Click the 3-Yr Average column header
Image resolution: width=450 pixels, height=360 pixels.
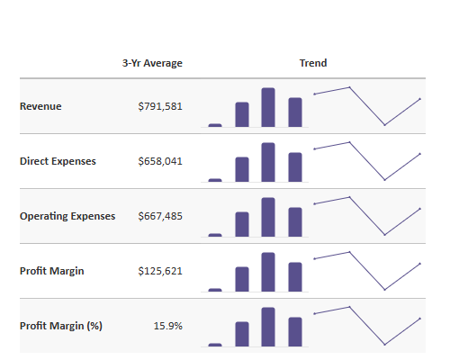tap(152, 63)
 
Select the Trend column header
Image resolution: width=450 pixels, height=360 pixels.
tap(313, 63)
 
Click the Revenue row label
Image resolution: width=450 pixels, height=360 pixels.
tap(40, 106)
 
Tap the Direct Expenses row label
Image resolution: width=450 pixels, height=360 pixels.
tap(58, 161)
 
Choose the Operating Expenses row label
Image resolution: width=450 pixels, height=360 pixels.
tap(67, 216)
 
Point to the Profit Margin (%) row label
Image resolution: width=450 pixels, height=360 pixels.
tap(61, 326)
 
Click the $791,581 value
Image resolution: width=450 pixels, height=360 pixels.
tap(160, 106)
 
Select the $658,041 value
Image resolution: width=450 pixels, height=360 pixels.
tap(160, 161)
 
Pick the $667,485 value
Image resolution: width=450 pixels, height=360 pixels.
tap(160, 216)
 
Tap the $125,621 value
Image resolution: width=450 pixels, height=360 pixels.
tap(160, 271)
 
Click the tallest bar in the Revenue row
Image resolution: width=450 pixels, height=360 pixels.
tap(268, 107)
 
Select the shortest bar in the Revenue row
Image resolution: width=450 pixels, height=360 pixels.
tap(215, 125)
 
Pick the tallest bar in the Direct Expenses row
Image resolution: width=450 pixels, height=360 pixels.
tap(268, 162)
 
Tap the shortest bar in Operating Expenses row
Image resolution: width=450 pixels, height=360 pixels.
tap(215, 235)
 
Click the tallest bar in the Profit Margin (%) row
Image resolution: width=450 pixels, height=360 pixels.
tap(268, 327)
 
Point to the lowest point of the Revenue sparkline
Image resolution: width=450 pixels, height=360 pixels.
tap(384, 125)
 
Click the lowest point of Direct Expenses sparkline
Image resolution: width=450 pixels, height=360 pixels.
tap(384, 180)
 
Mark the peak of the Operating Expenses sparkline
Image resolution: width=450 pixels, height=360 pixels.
tap(349, 197)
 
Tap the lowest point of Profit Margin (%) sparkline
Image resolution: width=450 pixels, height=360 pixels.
tap(384, 345)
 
